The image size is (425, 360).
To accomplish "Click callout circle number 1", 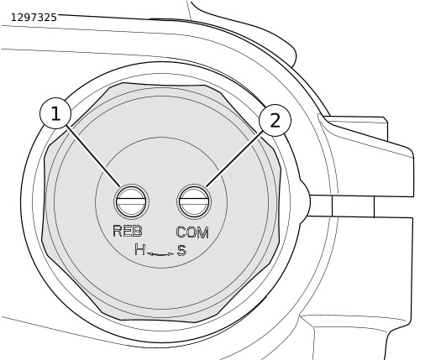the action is coord(55,113).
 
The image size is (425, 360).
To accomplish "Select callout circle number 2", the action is coord(275,120).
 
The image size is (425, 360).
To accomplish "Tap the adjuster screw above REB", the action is coord(131,201).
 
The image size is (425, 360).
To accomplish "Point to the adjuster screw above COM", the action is coord(194,201).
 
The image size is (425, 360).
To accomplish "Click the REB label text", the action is coord(128,231).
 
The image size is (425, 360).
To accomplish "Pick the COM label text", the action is coord(192,232).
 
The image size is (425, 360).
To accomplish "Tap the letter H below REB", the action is coord(139,249).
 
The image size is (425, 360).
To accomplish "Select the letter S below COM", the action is coord(181,250).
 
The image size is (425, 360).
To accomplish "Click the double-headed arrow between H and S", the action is coord(160,254).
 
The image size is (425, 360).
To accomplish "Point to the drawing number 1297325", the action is coord(34,18).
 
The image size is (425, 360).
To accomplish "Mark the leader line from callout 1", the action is coord(93,156).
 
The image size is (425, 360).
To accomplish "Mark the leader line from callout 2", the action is coord(234,159).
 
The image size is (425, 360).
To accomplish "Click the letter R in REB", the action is coord(118,231).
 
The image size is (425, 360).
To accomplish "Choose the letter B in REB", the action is coord(138,231).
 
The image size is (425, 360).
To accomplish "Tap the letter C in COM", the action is coord(181,232).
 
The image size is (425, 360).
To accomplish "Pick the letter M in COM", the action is coord(203,232).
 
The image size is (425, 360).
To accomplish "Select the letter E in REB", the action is coord(128,231).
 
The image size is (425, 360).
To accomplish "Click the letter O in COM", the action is coord(192,232).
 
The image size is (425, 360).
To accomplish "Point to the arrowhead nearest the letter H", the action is coord(150,254).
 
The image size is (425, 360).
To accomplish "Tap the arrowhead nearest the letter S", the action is coord(171,254).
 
